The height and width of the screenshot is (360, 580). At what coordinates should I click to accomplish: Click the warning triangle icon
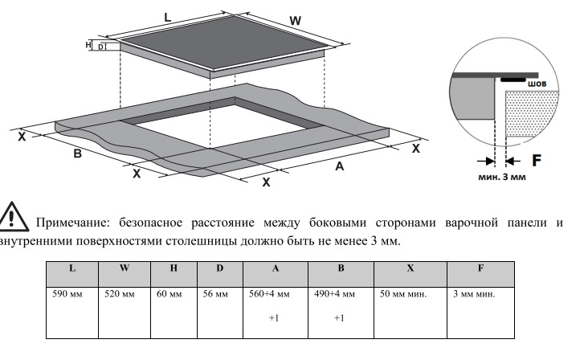tap(13, 216)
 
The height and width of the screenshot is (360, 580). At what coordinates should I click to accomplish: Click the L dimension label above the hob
tap(168, 17)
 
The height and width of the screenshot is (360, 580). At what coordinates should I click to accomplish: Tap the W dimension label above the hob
tap(295, 21)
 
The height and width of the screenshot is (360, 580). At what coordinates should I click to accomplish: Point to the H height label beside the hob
tap(88, 45)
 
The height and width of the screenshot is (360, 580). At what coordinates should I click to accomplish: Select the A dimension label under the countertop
tap(340, 166)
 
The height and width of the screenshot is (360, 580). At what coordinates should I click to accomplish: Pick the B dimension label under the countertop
tap(77, 153)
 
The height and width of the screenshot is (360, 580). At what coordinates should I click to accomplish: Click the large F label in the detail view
tap(537, 160)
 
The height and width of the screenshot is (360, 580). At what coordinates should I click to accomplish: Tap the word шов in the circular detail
tap(537, 84)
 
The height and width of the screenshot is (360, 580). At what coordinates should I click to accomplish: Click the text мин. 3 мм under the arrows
tap(502, 177)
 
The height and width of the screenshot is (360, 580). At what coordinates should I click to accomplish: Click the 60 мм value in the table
tap(169, 294)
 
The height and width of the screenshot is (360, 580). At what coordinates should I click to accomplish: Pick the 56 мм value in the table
tap(215, 294)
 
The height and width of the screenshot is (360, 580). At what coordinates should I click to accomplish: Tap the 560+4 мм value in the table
tap(269, 294)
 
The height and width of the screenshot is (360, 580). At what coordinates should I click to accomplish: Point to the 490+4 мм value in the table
tap(334, 294)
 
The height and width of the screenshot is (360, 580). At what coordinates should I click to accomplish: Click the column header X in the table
tap(410, 268)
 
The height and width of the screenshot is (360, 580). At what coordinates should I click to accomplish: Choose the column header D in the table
tap(220, 268)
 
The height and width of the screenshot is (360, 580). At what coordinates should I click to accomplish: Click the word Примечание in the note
tap(73, 223)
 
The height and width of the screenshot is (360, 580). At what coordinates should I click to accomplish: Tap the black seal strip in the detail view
tap(513, 80)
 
